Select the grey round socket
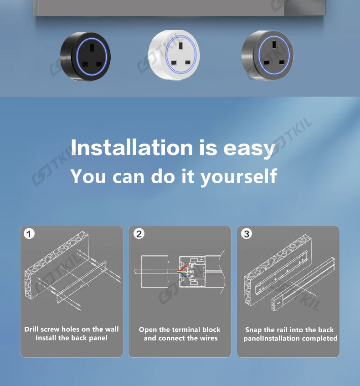click(268, 56)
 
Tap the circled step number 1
click(29, 234)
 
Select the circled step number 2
click(139, 234)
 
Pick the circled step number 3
click(247, 234)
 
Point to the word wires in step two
click(208, 338)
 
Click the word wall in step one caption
click(112, 329)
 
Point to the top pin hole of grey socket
click(274, 45)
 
